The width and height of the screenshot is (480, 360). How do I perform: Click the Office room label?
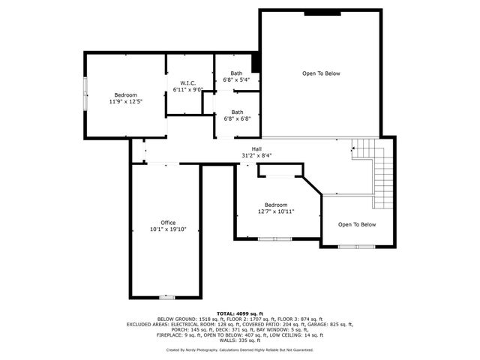click(x=167, y=223)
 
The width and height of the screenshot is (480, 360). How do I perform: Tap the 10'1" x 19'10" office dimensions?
click(x=167, y=229)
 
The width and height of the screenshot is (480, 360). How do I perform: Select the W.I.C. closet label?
click(x=187, y=82)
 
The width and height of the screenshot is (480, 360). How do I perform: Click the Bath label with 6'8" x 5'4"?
click(x=237, y=73)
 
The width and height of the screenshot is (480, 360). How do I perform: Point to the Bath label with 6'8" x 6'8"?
click(x=237, y=112)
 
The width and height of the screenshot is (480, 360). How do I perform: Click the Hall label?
click(x=256, y=148)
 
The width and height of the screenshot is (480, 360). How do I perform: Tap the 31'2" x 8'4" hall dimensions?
click(x=256, y=155)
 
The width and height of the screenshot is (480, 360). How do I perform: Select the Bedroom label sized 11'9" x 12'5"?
click(x=125, y=94)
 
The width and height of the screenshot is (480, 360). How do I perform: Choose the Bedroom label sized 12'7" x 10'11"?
click(x=275, y=205)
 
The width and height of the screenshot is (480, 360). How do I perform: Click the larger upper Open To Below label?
click(x=321, y=73)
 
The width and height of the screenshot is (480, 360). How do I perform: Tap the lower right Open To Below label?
click(x=356, y=224)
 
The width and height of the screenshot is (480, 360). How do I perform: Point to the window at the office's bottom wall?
click(x=167, y=297)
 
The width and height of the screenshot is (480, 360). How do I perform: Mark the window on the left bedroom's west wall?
click(x=85, y=95)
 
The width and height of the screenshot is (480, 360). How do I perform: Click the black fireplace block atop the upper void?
click(x=322, y=12)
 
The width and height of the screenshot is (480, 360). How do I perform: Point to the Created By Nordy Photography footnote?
click(x=239, y=349)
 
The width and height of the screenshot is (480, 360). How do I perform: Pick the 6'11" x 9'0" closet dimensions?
click(x=187, y=89)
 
